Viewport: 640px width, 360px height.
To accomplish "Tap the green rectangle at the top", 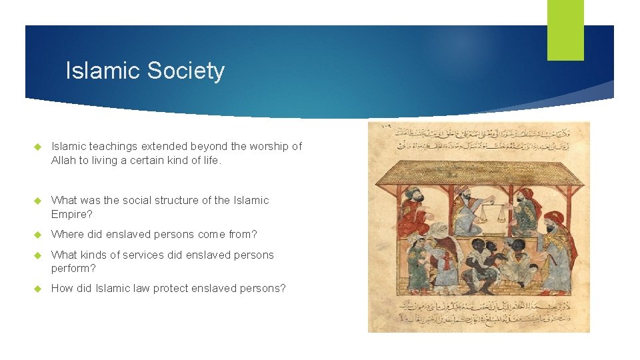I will coord(565,29).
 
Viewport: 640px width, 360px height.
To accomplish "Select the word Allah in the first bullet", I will coord(65,160).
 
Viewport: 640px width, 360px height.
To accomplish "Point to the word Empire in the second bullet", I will coord(69,214).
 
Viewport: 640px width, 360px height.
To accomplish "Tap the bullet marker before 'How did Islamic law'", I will coord(37,289).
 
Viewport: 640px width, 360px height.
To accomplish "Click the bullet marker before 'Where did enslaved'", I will coord(37,235).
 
